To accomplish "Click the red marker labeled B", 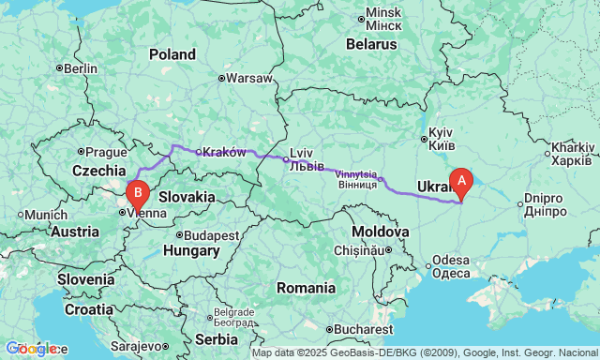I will coord(138,194).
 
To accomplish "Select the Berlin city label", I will coord(81,68).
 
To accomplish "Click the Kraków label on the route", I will coord(224,152).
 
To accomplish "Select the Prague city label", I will coord(105,152).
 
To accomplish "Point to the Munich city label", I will coord(44,215).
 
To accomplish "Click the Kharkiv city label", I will coord(572,154).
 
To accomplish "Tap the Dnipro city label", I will coord(543,205).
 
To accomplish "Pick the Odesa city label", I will coord(451,266).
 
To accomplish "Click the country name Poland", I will coord(172,54).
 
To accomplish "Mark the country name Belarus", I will coord(371,43).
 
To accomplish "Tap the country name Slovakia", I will coord(187,198).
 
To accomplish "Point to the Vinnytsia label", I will coord(355,179).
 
